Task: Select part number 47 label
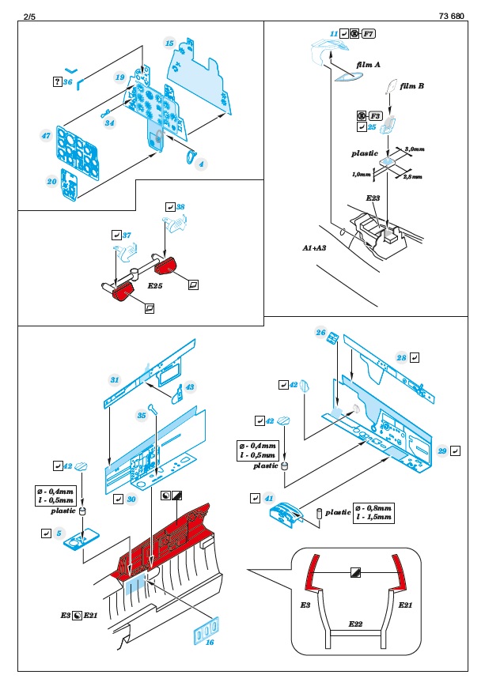click(46, 136)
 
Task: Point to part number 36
click(68, 81)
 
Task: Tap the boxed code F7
click(368, 33)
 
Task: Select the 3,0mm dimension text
click(415, 149)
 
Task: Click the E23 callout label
click(374, 196)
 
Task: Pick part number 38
click(181, 207)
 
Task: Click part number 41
click(270, 499)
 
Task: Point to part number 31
click(114, 380)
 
